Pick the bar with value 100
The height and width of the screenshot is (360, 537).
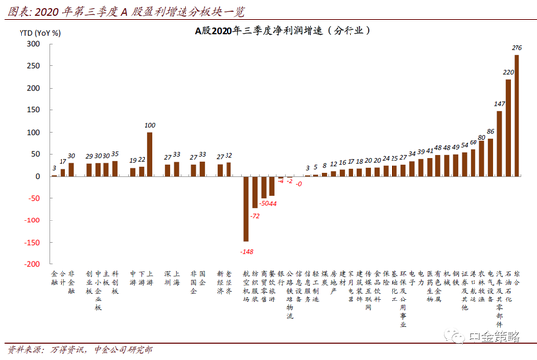click(149, 153)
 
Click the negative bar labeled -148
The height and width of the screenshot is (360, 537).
click(246, 208)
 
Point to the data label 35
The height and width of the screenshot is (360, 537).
click(114, 154)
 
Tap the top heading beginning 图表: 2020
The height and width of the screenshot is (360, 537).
click(127, 10)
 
